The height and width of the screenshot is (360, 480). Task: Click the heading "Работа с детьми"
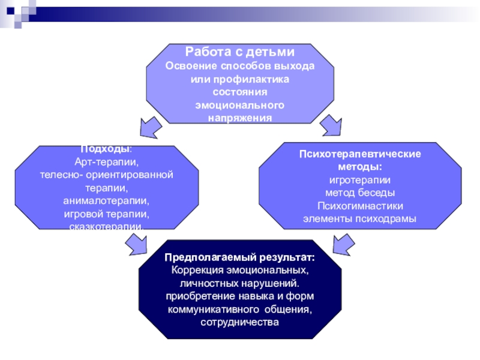(240, 52)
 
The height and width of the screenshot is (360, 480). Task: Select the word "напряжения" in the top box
(240, 118)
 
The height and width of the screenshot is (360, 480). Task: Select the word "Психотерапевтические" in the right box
(360, 154)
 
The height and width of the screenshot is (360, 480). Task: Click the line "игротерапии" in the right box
(360, 180)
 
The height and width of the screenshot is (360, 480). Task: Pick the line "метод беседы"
(360, 193)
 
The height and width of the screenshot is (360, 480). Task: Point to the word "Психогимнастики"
(360, 206)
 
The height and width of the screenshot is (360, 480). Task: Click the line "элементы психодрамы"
(360, 219)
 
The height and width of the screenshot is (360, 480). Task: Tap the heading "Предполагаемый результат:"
(240, 257)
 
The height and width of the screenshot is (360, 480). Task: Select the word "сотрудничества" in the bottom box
(240, 322)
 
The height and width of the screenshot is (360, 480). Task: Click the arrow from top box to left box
(150, 126)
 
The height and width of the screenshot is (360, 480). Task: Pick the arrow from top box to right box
(329, 125)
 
